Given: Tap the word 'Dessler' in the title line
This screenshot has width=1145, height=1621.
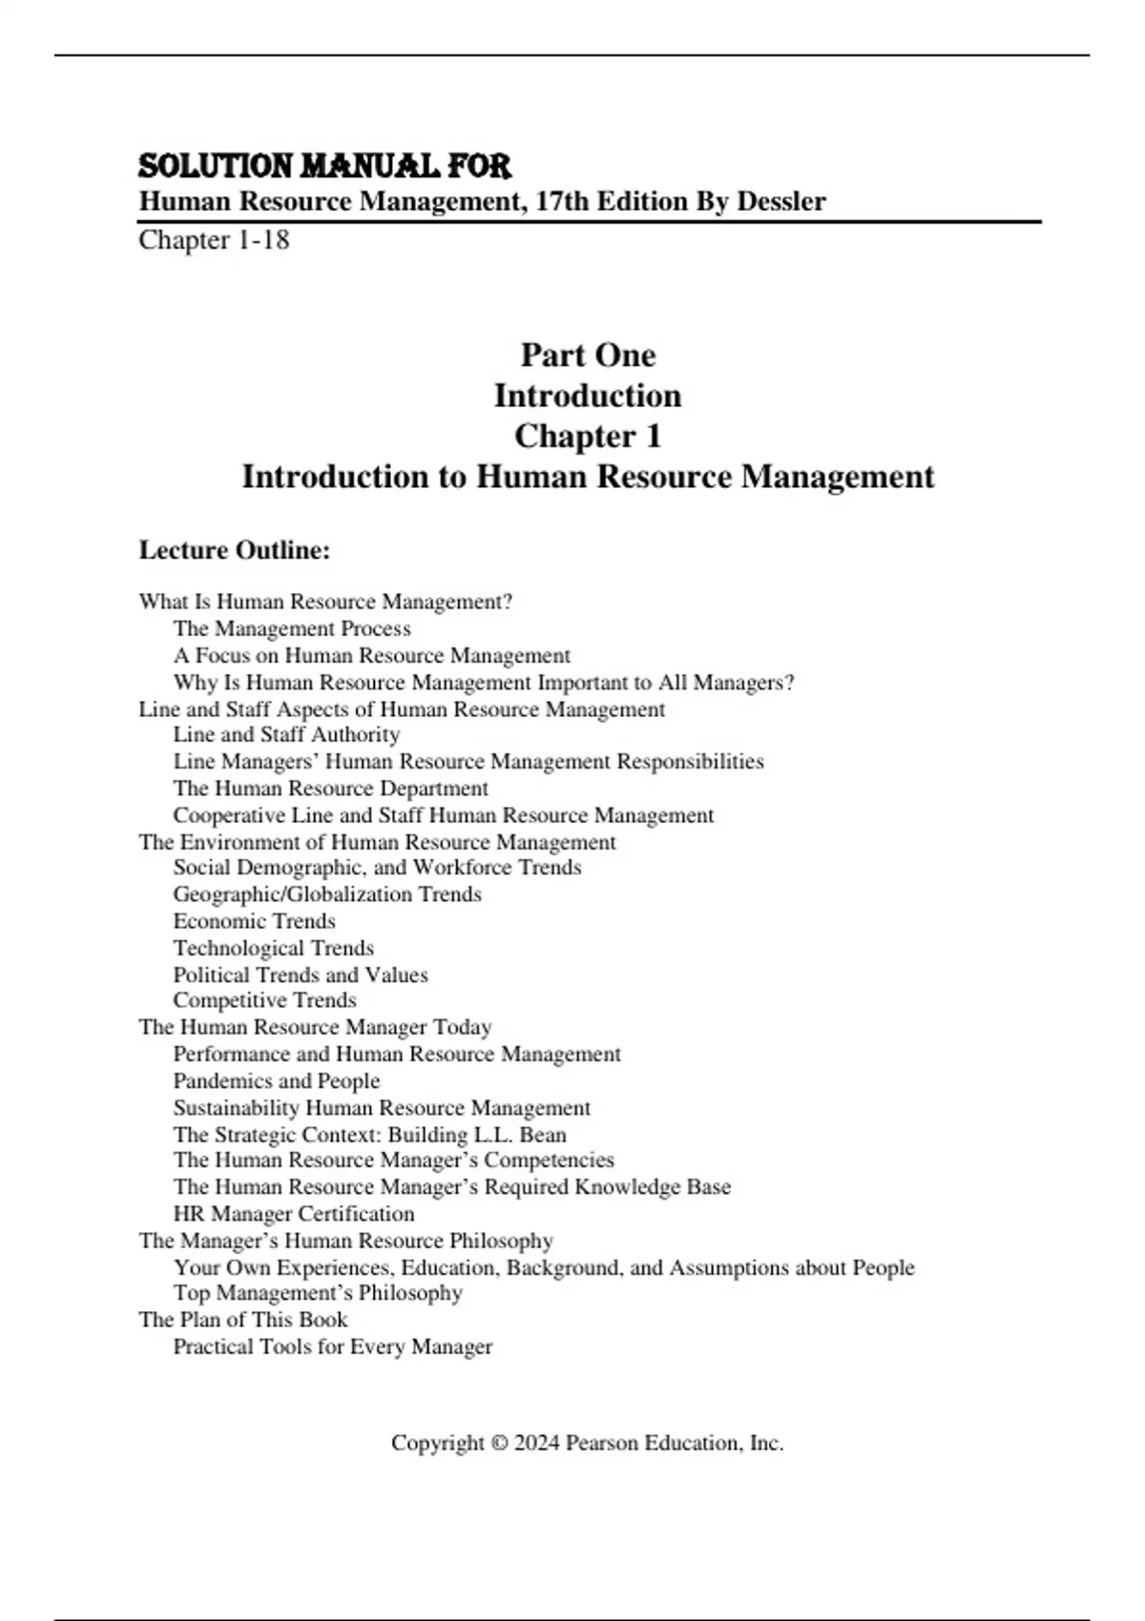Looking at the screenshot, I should click(x=781, y=201).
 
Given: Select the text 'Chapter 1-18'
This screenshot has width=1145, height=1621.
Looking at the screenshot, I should click(x=214, y=239).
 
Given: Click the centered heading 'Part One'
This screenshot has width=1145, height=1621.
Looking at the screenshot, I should click(x=588, y=355).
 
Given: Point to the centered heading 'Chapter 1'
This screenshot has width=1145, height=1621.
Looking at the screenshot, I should click(x=588, y=436).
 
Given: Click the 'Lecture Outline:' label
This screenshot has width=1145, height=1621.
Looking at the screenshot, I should click(x=235, y=550).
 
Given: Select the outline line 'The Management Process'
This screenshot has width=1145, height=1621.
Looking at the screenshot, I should click(x=292, y=628).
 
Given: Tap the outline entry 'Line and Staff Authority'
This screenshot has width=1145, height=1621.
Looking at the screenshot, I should click(x=286, y=734).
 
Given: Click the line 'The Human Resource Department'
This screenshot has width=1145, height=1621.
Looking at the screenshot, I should click(x=330, y=789).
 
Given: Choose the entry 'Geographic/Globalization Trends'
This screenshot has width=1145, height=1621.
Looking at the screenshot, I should click(x=327, y=894).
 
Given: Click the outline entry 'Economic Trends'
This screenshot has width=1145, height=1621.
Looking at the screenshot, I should click(x=254, y=921).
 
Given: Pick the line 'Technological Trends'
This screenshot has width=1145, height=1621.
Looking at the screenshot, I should click(x=273, y=948).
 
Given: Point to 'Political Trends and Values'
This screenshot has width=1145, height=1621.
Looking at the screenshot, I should click(x=301, y=975).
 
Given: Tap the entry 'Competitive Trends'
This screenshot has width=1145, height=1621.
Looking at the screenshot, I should click(x=264, y=1000).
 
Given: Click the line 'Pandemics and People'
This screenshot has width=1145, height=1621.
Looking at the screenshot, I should click(x=277, y=1080).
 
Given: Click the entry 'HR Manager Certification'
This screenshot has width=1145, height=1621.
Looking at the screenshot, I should click(x=294, y=1214).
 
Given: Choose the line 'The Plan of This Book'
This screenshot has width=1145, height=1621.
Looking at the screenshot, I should click(x=243, y=1320).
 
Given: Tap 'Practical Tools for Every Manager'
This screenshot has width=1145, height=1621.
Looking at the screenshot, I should click(x=333, y=1346).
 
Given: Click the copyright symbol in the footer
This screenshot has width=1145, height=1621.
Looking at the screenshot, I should click(x=499, y=1444).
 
